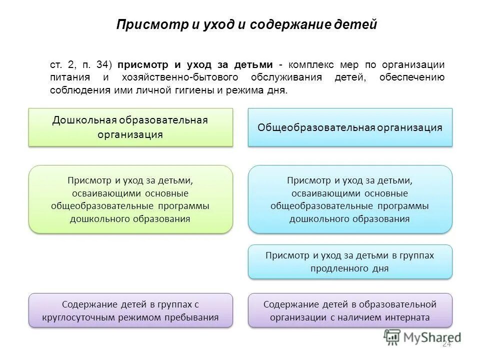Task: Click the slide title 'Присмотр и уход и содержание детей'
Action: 246,24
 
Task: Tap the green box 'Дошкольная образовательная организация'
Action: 130,127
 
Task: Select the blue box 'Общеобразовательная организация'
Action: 350,127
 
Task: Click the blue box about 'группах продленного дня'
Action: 350,261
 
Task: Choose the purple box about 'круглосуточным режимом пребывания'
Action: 130,310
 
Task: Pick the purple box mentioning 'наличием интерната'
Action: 350,310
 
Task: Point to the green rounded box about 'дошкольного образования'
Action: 130,199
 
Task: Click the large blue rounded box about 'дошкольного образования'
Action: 350,199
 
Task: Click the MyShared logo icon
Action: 393,337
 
